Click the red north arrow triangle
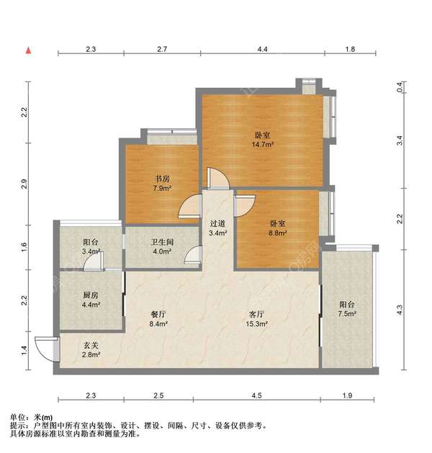pyautogui.click(x=28, y=50)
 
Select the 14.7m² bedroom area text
pyautogui.click(x=261, y=144)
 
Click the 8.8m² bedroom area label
pyautogui.click(x=278, y=233)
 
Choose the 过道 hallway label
pyautogui.click(x=217, y=223)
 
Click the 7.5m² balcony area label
pyautogui.click(x=348, y=314)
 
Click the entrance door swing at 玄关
pyautogui.click(x=46, y=349)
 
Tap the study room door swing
pyautogui.click(x=190, y=207)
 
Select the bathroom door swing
pyautogui.click(x=192, y=255)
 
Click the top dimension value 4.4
pyautogui.click(x=262, y=49)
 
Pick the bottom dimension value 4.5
pyautogui.click(x=257, y=396)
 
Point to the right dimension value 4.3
pyautogui.click(x=400, y=310)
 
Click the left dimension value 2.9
pyautogui.click(x=24, y=184)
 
